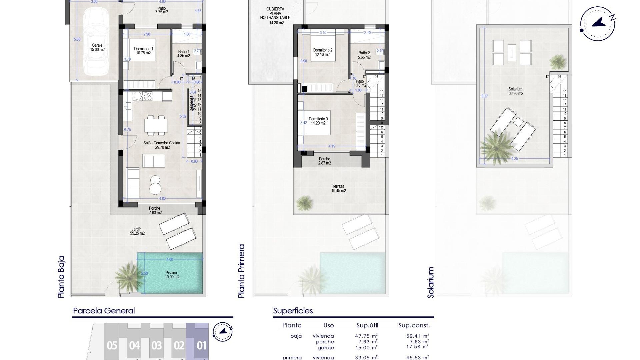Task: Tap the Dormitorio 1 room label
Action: tap(144, 51)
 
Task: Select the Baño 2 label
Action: tap(364, 55)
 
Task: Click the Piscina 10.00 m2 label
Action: tap(172, 275)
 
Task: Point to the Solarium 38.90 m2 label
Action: tap(515, 91)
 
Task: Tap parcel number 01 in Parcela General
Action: tap(201, 346)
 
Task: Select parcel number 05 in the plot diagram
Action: tap(112, 346)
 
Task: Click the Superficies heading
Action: tap(293, 311)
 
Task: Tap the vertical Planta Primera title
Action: tap(241, 271)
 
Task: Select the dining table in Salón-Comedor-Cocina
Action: tap(156, 126)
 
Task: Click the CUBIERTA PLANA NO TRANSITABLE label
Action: tap(276, 16)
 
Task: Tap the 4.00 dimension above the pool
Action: tap(169, 259)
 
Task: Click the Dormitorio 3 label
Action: tap(318, 121)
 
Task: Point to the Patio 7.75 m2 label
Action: tap(161, 10)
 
